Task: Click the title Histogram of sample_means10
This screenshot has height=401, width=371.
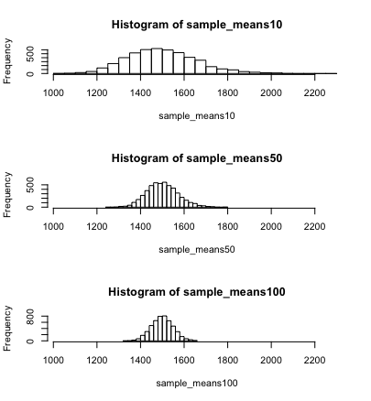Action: (197, 24)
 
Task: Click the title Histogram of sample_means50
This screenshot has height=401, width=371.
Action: (197, 157)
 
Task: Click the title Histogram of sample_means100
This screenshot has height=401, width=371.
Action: (197, 291)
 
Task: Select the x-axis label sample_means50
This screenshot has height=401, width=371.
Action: (184, 250)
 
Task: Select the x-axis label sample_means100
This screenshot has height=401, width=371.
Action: (184, 383)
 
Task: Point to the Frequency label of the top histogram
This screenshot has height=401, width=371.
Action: (9, 60)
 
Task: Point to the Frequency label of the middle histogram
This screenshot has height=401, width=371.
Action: (9, 194)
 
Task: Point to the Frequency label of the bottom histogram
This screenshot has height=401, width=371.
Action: (9, 328)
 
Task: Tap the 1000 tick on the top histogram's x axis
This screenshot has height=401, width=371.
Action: (53, 92)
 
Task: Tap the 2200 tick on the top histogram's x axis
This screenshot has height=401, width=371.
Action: (315, 92)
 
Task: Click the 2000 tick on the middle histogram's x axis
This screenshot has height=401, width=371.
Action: (271, 226)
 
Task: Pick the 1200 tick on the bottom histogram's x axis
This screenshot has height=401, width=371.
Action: (97, 360)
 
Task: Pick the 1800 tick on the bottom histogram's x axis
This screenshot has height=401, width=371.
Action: (228, 360)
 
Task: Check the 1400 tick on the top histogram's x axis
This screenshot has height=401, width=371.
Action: (140, 92)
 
